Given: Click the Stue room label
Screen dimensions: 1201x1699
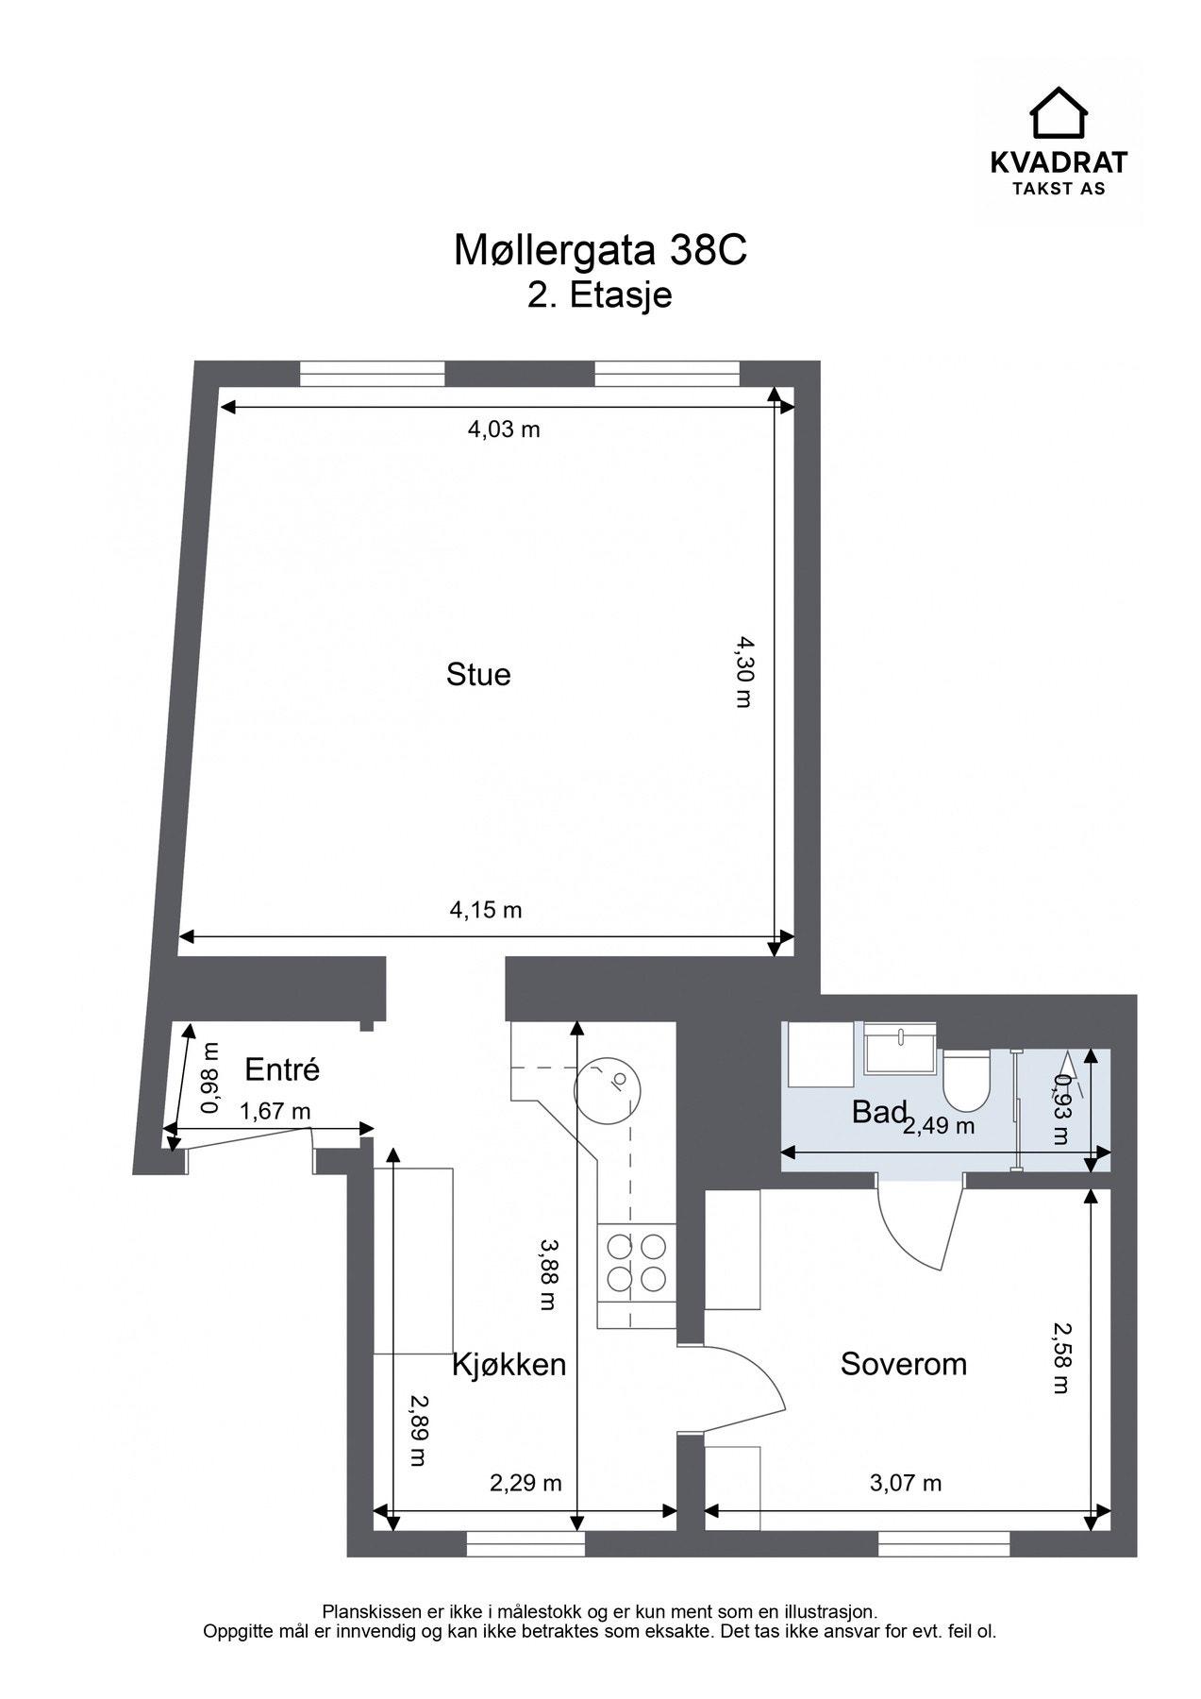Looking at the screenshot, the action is pyautogui.click(x=478, y=674).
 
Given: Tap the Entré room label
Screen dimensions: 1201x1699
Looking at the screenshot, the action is pyautogui.click(x=282, y=1069).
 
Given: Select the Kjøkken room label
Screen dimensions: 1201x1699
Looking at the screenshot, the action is pyautogui.click(x=509, y=1365).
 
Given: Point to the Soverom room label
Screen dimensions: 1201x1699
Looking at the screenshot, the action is pyautogui.click(x=904, y=1364).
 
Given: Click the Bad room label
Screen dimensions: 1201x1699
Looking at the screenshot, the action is pyautogui.click(x=879, y=1112).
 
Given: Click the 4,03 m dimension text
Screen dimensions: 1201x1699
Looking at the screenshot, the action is pyautogui.click(x=504, y=429).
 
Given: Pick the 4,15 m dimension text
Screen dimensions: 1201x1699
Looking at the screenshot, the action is pyautogui.click(x=486, y=910).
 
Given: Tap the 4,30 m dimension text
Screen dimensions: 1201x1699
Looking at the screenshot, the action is pyautogui.click(x=746, y=671).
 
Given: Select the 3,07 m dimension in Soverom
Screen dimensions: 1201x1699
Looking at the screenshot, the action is pyautogui.click(x=906, y=1483).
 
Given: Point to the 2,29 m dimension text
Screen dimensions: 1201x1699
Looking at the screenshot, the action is pyautogui.click(x=525, y=1483).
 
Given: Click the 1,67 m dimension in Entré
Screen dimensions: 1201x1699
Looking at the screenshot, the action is pyautogui.click(x=275, y=1112).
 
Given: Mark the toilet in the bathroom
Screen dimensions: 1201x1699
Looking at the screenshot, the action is pyautogui.click(x=966, y=1080).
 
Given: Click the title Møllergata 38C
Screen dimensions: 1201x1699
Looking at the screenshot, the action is pyautogui.click(x=600, y=251).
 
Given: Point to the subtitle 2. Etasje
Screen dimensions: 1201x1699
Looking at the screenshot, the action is pyautogui.click(x=600, y=295).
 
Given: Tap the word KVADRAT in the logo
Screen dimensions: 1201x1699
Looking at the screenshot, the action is pyautogui.click(x=1059, y=162).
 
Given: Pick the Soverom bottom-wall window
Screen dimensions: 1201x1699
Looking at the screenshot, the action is pyautogui.click(x=944, y=1543).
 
